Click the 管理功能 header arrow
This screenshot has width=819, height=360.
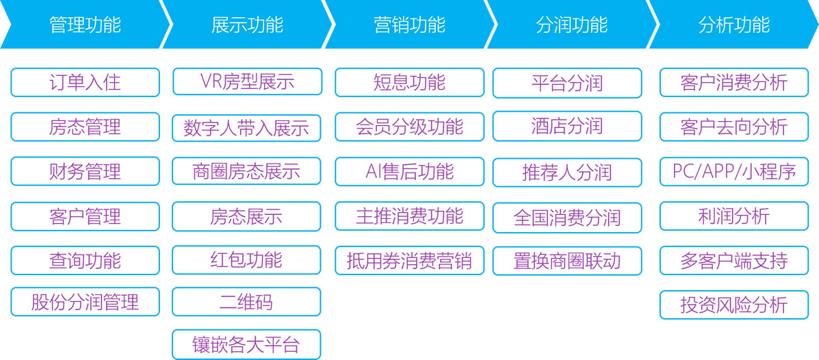click(85, 24)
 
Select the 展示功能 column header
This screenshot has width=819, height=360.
click(247, 24)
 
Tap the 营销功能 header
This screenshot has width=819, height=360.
click(409, 24)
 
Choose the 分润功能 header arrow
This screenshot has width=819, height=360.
click(571, 24)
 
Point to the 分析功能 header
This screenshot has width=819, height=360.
click(733, 24)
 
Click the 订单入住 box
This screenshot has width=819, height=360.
click(85, 83)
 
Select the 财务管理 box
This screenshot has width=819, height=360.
click(85, 171)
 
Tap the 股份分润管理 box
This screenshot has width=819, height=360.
click(85, 301)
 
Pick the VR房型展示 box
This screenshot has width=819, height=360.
click(247, 81)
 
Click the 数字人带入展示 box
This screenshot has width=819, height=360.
click(246, 128)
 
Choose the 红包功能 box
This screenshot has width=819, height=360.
click(246, 259)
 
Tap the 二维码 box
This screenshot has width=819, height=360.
click(246, 301)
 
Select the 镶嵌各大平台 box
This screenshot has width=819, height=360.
click(246, 344)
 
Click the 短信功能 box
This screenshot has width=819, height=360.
click(409, 83)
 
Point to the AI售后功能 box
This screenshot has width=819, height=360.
click(409, 171)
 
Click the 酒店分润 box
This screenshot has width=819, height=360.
click(567, 126)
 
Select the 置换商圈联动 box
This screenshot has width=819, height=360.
click(567, 261)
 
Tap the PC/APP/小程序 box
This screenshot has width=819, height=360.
click(734, 171)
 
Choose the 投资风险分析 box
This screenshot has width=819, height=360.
click(734, 305)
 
